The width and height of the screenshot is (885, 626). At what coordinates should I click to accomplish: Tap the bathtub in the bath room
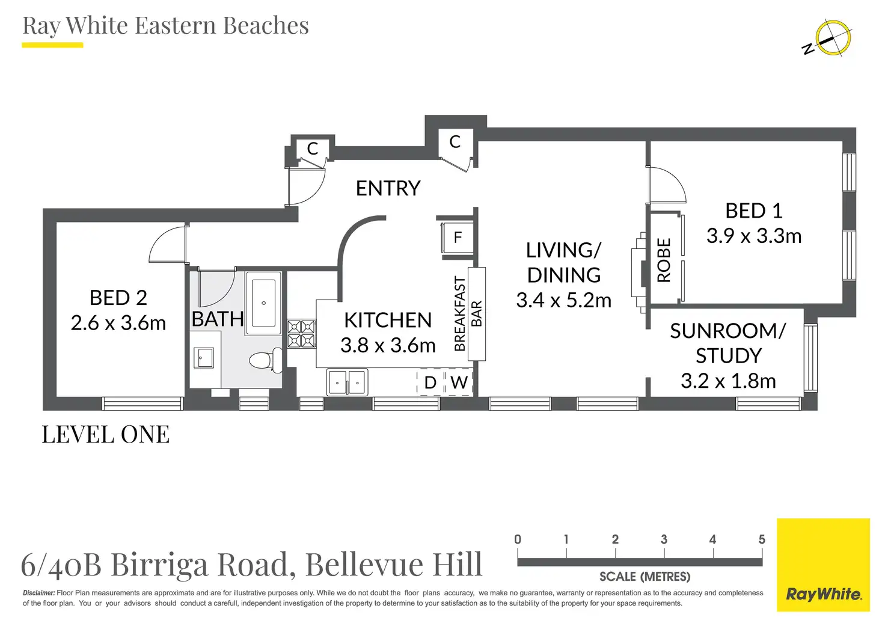coord(263,303)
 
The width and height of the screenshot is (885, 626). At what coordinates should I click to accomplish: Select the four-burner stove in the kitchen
coord(301,334)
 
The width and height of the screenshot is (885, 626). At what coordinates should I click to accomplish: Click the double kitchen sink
coord(348,382)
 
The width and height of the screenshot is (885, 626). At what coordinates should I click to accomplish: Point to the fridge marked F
coord(458,238)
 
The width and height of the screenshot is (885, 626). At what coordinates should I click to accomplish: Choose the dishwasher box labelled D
coord(430,382)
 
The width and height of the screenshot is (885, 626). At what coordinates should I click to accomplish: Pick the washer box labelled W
coord(459,382)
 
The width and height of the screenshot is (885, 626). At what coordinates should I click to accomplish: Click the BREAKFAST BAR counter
coord(477,314)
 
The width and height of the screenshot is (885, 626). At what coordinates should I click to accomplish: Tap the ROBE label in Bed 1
coord(664,260)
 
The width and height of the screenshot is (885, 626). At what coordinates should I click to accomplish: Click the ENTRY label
coord(388,188)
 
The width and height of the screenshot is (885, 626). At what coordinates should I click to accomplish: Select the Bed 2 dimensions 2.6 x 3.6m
coord(118,323)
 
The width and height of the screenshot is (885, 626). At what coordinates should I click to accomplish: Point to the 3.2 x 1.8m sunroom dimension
coord(728,381)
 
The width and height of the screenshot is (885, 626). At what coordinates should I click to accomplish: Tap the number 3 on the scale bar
coord(664,539)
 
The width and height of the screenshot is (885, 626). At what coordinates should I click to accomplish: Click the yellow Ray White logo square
coord(823,565)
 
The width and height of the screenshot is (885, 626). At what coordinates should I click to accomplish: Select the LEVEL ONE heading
coord(106,434)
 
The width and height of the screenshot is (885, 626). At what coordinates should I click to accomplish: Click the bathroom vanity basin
coord(203,358)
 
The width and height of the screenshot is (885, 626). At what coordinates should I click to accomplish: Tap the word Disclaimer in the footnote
coord(38,593)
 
